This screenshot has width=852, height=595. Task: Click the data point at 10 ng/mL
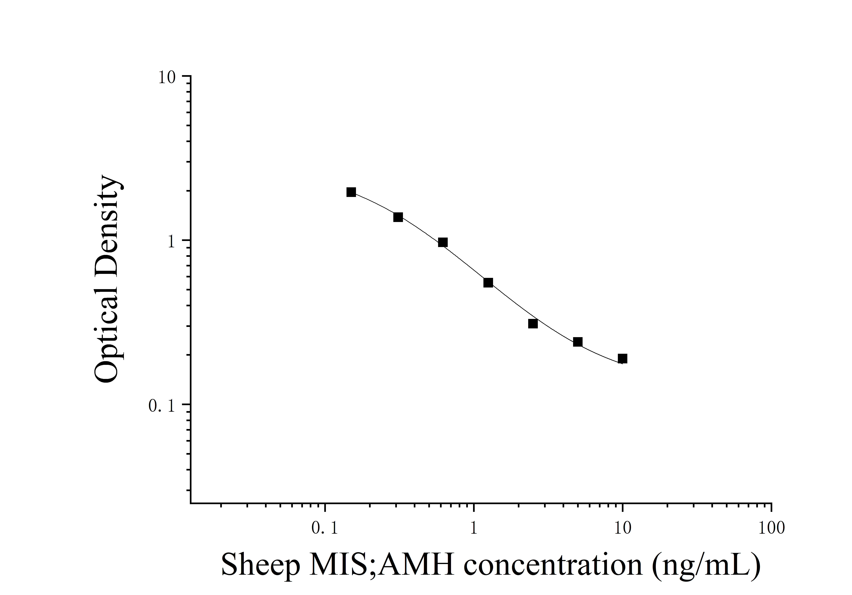tap(622, 359)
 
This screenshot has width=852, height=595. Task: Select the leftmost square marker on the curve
tap(351, 192)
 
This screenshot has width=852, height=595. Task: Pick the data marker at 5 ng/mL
tap(577, 342)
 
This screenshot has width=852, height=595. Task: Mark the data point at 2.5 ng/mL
tap(533, 324)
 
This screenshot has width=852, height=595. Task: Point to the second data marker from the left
tap(398, 217)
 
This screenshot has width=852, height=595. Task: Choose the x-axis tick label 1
tap(473, 528)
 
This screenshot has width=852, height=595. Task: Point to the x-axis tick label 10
tap(622, 528)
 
